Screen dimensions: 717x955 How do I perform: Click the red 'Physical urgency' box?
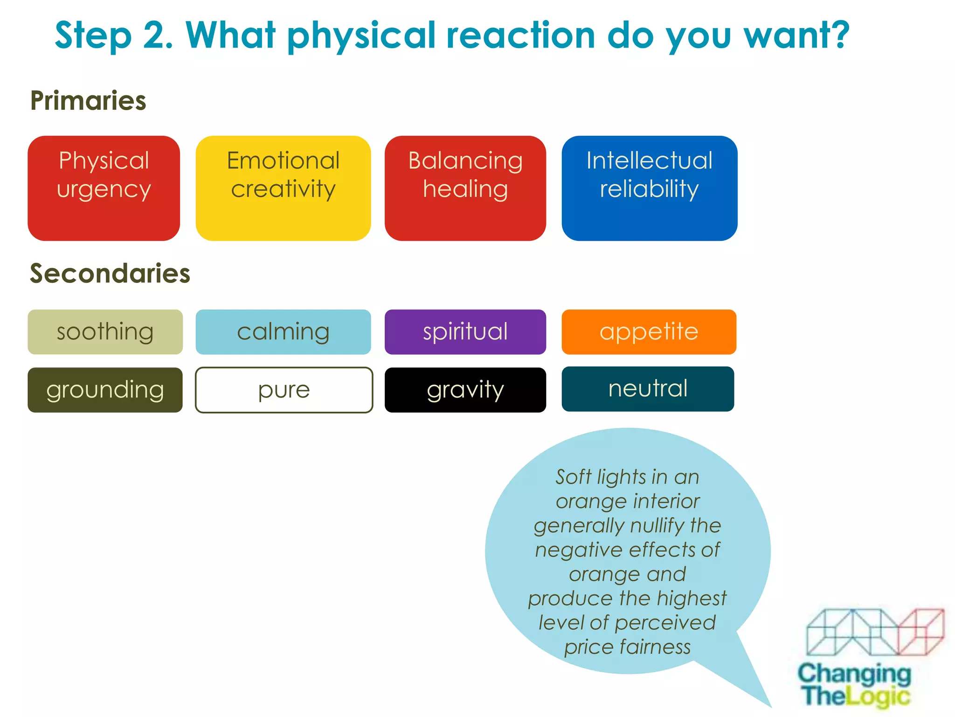pyautogui.click(x=104, y=188)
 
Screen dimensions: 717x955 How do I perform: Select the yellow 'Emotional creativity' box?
pyautogui.click(x=283, y=188)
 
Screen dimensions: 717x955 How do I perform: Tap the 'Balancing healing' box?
pyautogui.click(x=465, y=188)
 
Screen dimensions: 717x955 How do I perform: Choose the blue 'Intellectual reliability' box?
pyautogui.click(x=649, y=188)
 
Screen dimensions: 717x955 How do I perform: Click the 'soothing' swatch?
pyautogui.click(x=105, y=332)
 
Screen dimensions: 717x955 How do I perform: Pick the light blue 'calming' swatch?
pyautogui.click(x=283, y=332)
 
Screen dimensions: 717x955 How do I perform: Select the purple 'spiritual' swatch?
pyautogui.click(x=465, y=332)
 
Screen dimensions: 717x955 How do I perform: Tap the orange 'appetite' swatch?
pyautogui.click(x=649, y=332)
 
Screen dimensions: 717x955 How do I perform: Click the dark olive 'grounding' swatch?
pyautogui.click(x=105, y=390)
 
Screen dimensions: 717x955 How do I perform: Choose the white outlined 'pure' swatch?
pyautogui.click(x=284, y=390)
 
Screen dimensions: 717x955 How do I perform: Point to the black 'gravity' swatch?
pyautogui.click(x=465, y=390)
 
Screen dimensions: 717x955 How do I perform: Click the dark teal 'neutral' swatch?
pyautogui.click(x=648, y=389)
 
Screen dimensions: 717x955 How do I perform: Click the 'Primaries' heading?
pyautogui.click(x=88, y=101)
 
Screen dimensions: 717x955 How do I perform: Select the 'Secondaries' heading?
pyautogui.click(x=110, y=273)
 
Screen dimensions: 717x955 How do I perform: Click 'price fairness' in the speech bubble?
pyautogui.click(x=627, y=647)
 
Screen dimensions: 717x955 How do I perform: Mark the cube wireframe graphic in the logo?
pyautogui.click(x=875, y=632)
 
